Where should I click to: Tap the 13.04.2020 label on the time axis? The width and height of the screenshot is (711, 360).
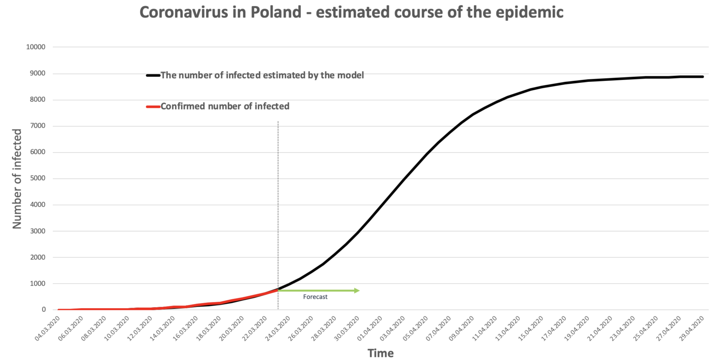click(507, 329)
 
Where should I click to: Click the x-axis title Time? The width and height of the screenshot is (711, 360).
click(380, 354)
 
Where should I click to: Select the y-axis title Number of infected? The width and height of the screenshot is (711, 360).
click(17, 179)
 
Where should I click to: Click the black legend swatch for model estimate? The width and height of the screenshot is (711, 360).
click(153, 75)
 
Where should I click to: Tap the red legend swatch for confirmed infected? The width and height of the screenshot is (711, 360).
click(153, 106)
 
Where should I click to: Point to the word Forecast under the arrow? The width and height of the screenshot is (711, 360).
click(315, 297)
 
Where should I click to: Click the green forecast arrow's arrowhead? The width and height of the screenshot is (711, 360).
click(357, 291)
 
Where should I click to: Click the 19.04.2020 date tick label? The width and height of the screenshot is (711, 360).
click(576, 329)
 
